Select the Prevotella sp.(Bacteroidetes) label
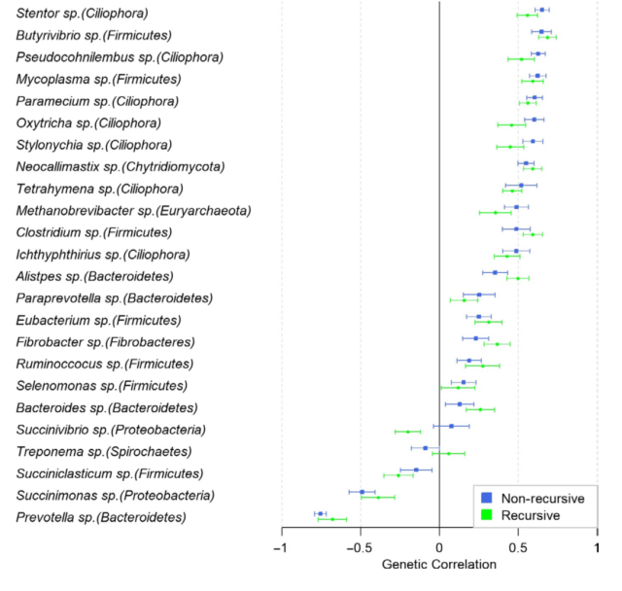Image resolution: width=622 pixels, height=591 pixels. click(x=100, y=518)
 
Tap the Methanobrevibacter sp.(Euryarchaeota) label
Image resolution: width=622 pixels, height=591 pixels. click(x=133, y=210)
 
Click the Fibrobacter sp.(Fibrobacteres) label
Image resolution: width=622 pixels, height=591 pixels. click(x=105, y=342)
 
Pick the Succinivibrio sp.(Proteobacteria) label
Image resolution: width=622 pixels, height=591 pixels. click(x=112, y=430)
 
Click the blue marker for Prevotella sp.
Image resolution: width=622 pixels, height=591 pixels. click(x=320, y=513)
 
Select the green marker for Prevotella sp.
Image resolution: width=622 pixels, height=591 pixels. click(x=333, y=519)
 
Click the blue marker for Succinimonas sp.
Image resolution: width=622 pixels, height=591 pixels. click(x=362, y=492)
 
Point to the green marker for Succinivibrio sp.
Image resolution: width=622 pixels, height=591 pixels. click(x=407, y=431)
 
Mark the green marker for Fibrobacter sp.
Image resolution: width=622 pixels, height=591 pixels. click(x=498, y=344)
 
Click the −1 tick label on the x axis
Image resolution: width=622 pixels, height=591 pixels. click(x=280, y=547)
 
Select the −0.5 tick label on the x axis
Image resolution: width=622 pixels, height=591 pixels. click(x=360, y=547)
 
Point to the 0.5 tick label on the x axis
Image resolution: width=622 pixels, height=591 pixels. click(x=518, y=547)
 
